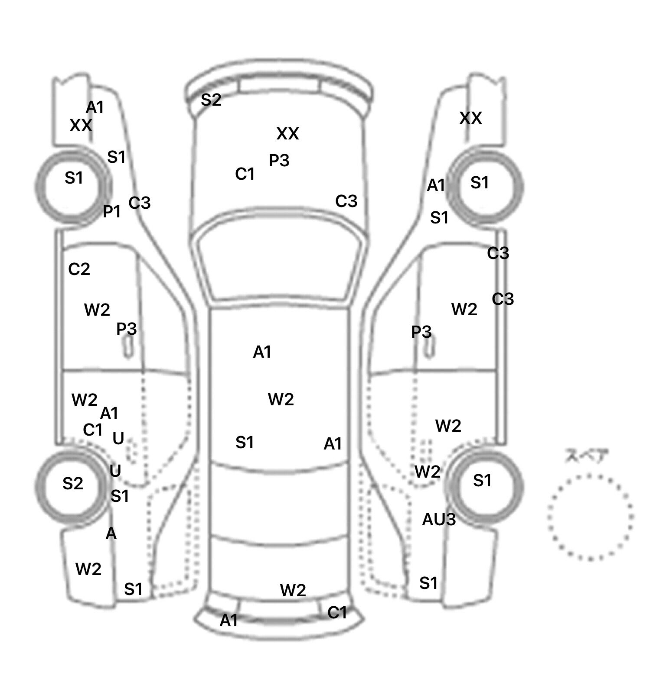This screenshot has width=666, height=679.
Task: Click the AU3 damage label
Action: coord(438,519)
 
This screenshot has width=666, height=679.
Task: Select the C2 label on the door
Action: coord(79,269)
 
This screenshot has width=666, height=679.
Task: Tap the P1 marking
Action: coord(111,212)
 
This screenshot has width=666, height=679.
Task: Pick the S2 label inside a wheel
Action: coord(72,483)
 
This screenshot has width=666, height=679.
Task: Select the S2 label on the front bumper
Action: coord(211,100)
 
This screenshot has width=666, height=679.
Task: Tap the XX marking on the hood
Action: coord(287,134)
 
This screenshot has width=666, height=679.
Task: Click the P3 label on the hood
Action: coord(279,161)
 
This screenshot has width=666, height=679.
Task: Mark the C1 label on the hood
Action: coord(245,174)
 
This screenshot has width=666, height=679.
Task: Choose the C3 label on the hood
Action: coord(346,201)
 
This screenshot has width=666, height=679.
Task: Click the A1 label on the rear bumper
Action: coord(229,621)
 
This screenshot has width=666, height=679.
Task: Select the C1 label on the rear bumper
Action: coord(337,612)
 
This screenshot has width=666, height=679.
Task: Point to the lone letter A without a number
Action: coord(111,534)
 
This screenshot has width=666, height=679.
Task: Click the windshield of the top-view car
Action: coord(279,264)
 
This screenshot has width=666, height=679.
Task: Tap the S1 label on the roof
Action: coord(245,443)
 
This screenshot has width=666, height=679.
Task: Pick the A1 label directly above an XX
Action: coord(95,107)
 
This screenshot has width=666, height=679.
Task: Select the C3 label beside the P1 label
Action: coord(139,203)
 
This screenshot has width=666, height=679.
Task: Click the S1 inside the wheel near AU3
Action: coord(482,481)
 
